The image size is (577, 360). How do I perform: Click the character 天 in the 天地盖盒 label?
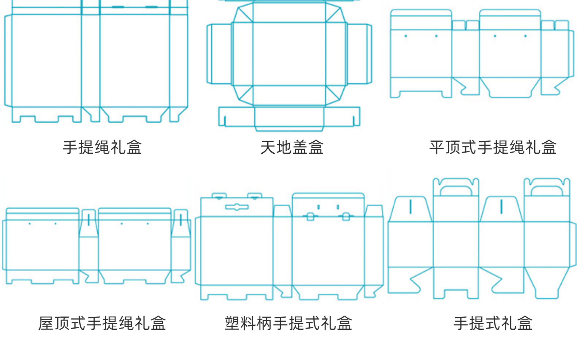pos(268,148)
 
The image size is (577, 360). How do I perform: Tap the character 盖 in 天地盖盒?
pos(300,148)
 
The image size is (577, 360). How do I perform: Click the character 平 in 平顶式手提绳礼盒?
pos(437,148)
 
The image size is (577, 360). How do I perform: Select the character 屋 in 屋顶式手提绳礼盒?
pos(46,323)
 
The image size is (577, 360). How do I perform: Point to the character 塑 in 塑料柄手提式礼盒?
pos(232,323)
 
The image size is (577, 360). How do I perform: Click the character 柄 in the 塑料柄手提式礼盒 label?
pos(264,323)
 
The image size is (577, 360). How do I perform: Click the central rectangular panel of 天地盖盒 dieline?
pos(289,54)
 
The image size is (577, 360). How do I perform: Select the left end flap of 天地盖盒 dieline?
pos(219,54)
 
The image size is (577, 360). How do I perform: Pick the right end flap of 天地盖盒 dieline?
pos(359,54)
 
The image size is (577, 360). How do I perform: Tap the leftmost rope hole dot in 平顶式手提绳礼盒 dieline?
pos(406,36)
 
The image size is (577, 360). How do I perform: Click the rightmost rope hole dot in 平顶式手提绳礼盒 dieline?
pos(526,36)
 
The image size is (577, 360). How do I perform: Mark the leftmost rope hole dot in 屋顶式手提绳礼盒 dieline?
pos(30,223)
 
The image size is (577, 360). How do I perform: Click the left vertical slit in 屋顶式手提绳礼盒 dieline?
pos(88,220)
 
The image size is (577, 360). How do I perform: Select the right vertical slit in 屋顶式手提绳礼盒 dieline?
pos(181,220)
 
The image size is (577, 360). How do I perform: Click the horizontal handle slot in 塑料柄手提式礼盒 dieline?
pos(237,207)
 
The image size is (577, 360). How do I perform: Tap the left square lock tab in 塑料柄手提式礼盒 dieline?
pos(310,217)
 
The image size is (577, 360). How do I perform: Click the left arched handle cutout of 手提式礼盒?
pos(455,191)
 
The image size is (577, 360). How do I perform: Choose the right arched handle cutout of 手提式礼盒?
pos(547,191)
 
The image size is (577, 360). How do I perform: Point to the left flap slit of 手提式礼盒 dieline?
pos(410,207)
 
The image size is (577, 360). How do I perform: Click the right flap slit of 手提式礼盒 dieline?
pos(501,207)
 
